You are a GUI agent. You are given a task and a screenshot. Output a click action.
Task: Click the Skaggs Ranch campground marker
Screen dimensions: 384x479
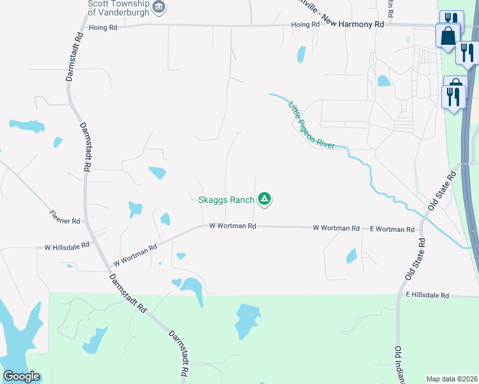pos(264,200)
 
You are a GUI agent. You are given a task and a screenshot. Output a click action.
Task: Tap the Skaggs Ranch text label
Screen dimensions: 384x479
pos(225,200)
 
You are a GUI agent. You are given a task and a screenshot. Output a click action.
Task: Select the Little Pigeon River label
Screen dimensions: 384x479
pos(312,125)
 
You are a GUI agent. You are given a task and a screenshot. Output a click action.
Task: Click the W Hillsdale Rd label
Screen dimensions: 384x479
pos(67,246)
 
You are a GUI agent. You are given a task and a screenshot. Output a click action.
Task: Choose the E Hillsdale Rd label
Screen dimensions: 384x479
pos(428,296)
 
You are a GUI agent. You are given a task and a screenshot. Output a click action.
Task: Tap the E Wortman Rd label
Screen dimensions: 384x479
pos(392,228)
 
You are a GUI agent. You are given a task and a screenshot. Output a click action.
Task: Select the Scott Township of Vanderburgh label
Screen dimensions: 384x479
pos(118,7)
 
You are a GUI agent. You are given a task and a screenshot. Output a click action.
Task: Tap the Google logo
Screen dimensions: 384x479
pos(21,376)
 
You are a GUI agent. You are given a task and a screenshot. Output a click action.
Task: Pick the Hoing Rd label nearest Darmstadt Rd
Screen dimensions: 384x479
pos(104,28)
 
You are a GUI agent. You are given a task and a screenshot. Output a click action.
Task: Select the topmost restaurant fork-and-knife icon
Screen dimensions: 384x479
pos(450,19)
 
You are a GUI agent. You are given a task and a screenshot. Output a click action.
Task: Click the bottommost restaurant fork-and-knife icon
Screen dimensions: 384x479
pos(453,97)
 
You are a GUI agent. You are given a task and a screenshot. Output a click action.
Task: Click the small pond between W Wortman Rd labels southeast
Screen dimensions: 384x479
pos(352,256)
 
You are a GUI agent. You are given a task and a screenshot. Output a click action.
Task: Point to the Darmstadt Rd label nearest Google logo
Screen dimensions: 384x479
pos(179,353)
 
